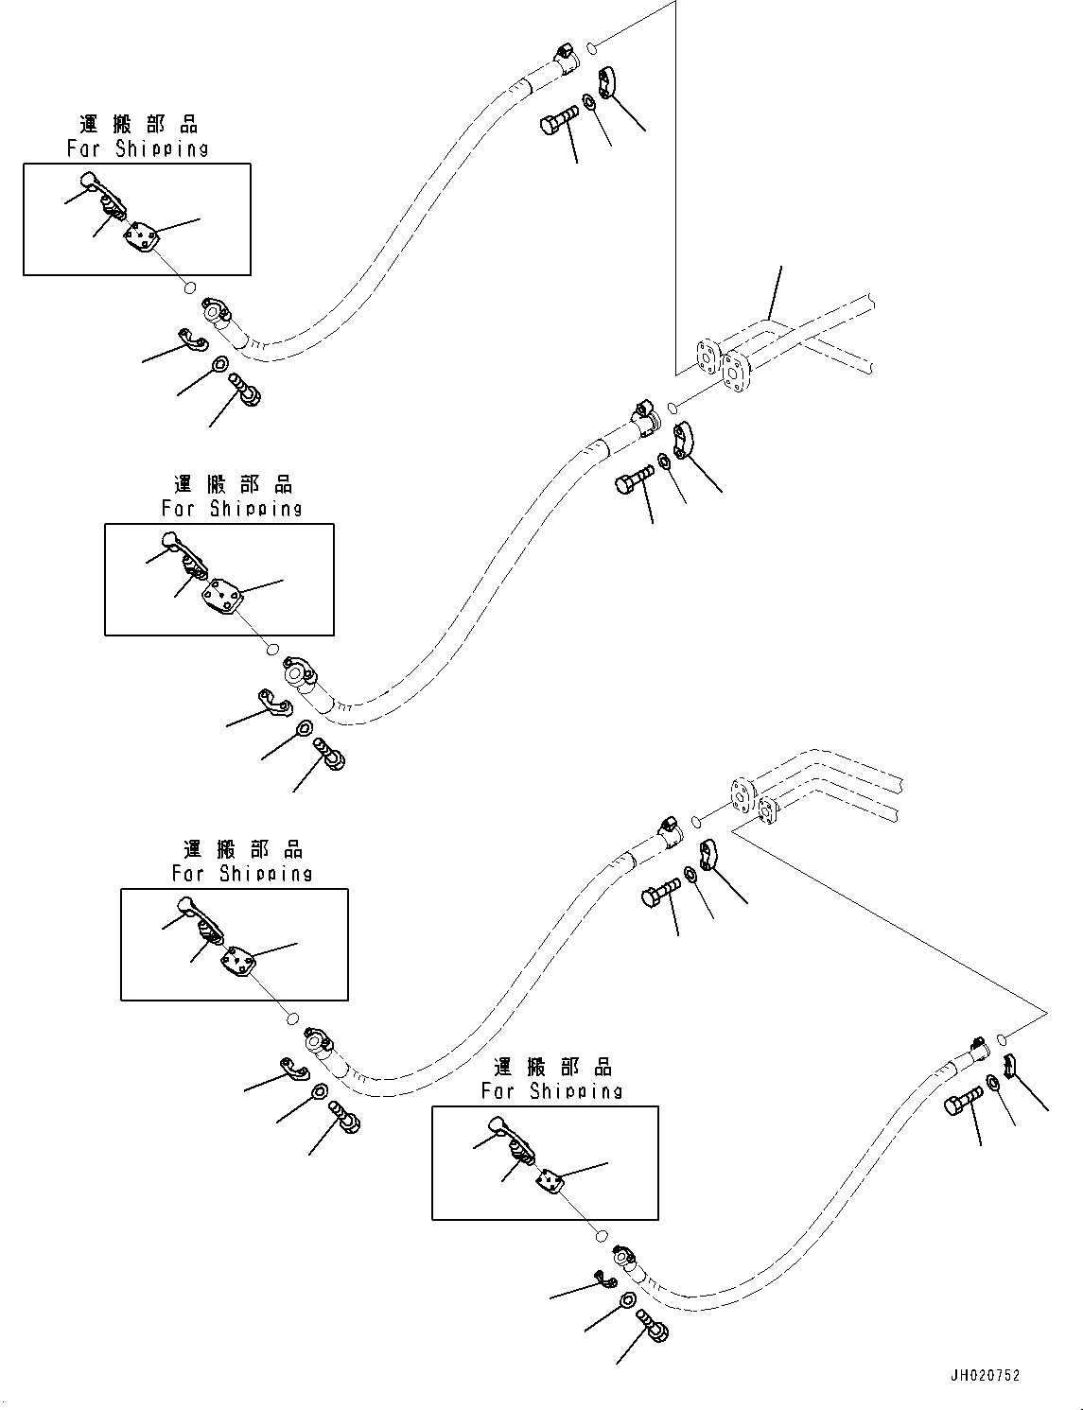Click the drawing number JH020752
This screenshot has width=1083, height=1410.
coord(987,1376)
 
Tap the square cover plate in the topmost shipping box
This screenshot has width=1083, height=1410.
coord(143,236)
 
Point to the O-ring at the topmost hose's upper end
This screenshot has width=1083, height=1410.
coord(591,46)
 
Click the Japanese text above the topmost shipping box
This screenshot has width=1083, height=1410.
coord(138,124)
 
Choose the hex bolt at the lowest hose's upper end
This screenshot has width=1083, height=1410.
coord(963,1104)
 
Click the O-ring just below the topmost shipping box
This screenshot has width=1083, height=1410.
coord(189,288)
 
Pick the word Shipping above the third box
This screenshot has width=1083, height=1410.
coord(266,873)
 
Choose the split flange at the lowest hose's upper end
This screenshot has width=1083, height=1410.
coord(1009,1064)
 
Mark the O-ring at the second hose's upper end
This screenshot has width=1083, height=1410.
coord(672,408)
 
